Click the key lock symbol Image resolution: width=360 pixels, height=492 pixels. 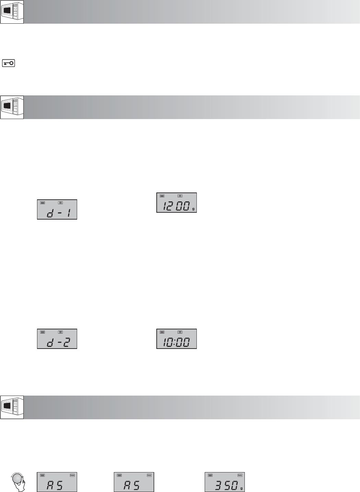pyautogui.click(x=8, y=63)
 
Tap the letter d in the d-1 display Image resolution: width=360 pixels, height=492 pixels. pyautogui.click(x=50, y=213)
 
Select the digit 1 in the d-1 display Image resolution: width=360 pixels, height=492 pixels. pyautogui.click(x=69, y=213)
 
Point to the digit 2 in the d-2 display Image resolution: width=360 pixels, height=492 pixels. pyautogui.click(x=67, y=343)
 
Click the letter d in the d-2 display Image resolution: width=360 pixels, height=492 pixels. pyautogui.click(x=50, y=343)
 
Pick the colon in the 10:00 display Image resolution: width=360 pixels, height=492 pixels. pyautogui.click(x=174, y=343)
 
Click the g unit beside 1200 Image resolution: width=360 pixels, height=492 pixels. pyautogui.click(x=193, y=209)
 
